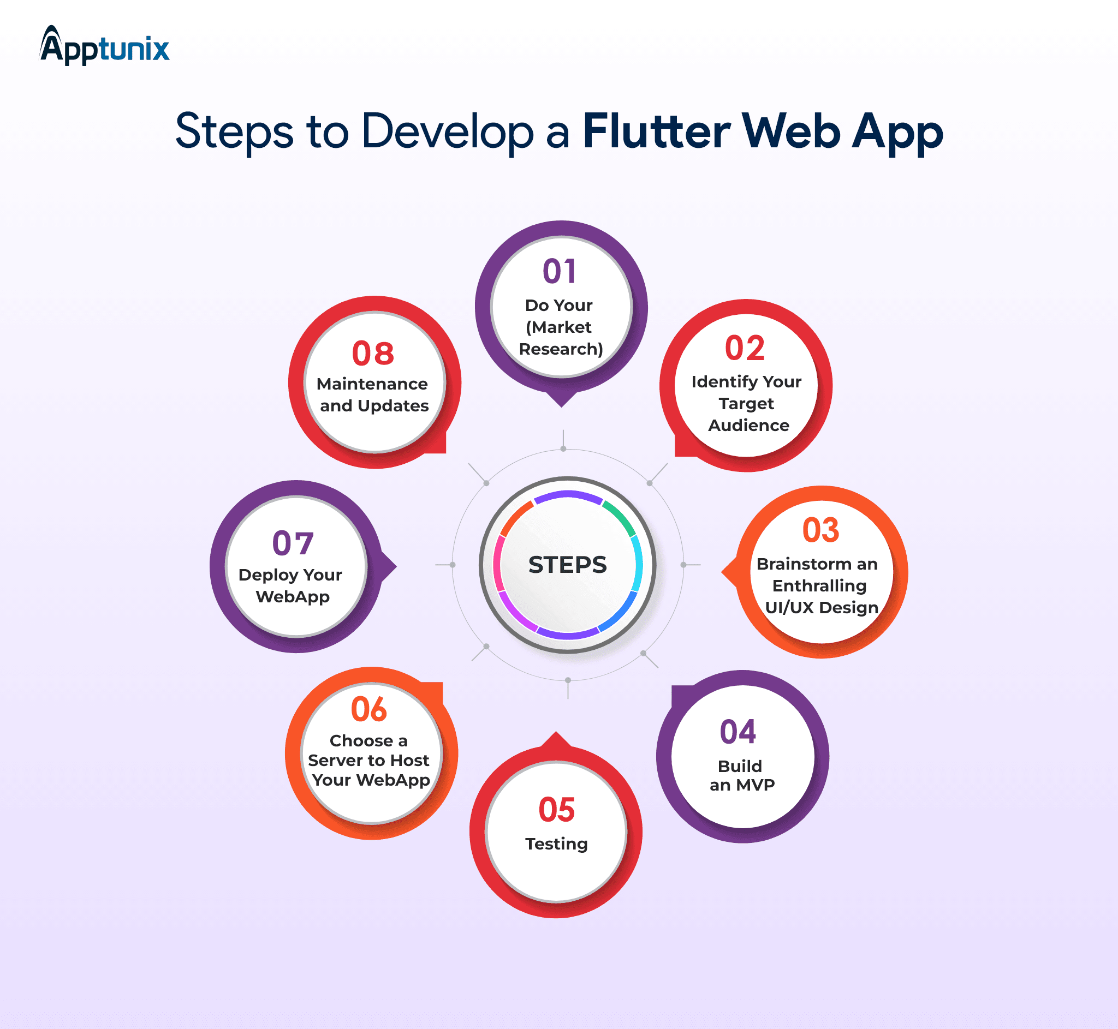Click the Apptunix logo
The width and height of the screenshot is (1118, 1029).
104,46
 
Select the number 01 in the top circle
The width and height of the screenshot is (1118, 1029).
560,272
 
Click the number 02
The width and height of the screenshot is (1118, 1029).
745,349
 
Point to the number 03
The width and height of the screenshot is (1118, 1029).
820,530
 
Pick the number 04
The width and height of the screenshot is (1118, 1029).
738,732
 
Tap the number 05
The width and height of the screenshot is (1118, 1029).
556,810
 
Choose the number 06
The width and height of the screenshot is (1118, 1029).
369,709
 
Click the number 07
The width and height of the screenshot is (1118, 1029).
293,543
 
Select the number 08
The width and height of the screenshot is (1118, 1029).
373,354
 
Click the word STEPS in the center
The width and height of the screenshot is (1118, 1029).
568,565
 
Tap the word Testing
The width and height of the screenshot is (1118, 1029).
556,844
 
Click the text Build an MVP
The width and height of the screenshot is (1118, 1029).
741,776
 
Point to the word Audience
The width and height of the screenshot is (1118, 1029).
748,426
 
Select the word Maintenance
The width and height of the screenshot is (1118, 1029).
372,384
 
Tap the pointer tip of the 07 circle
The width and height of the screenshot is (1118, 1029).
396,567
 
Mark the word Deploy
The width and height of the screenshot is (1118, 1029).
269,576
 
